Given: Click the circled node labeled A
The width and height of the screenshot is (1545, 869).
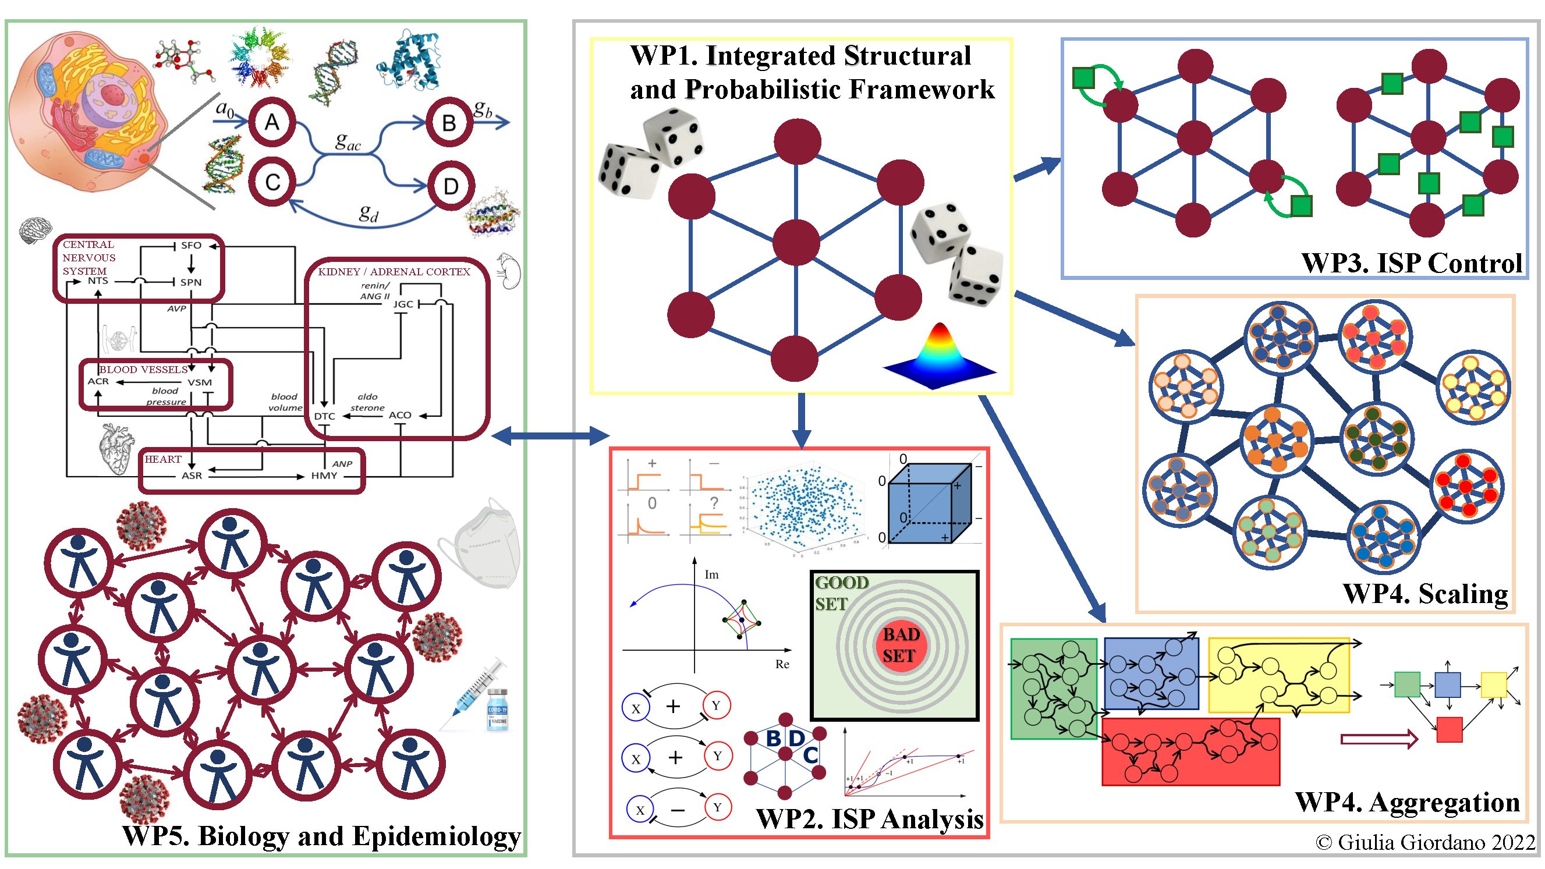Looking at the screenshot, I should pos(272,122).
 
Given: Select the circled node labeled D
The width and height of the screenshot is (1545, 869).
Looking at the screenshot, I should pos(451,186).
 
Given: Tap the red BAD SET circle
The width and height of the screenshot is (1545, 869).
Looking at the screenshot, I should pos(900,645).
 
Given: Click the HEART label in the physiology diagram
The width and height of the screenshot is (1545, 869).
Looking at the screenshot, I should pos(162,459).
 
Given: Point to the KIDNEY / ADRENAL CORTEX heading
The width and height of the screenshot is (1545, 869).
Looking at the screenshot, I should pos(394,272).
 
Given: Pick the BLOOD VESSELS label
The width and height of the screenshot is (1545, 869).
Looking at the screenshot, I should pos(143,370).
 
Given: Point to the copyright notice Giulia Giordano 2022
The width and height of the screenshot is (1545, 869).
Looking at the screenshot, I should pos(1425,842).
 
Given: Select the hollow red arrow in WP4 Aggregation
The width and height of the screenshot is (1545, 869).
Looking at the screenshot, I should pos(1379,738).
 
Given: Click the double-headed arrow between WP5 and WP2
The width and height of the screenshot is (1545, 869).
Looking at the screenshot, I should pos(550,435).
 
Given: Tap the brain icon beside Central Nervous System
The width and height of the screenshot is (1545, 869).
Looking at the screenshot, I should pos(35,230).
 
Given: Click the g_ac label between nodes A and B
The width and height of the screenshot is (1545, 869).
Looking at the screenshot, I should pos(348,142).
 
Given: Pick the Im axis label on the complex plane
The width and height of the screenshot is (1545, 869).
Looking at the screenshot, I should pos(711,574).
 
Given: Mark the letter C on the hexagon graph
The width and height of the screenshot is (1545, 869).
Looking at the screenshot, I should pos(810,755).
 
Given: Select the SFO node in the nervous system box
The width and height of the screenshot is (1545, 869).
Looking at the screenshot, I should pos(191,245).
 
